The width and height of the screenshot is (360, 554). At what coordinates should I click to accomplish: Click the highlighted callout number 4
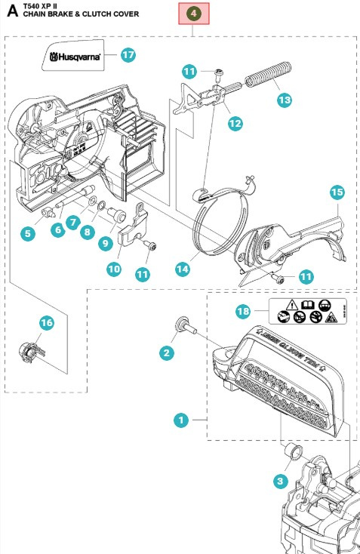(194, 14)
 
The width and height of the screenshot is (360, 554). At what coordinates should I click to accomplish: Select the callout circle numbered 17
(128, 55)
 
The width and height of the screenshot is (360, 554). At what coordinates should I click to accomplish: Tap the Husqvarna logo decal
(75, 56)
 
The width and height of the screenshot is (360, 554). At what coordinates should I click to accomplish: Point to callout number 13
(283, 99)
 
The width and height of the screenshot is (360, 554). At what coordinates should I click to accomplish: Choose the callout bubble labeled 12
(235, 122)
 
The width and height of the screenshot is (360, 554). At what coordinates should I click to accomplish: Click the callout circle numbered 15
(337, 192)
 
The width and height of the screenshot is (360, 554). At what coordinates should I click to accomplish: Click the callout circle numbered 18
(242, 309)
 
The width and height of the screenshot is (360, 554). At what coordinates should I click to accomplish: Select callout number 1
(180, 421)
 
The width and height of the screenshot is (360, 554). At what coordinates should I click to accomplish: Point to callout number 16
(47, 322)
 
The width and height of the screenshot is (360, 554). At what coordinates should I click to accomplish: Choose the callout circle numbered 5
(28, 233)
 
